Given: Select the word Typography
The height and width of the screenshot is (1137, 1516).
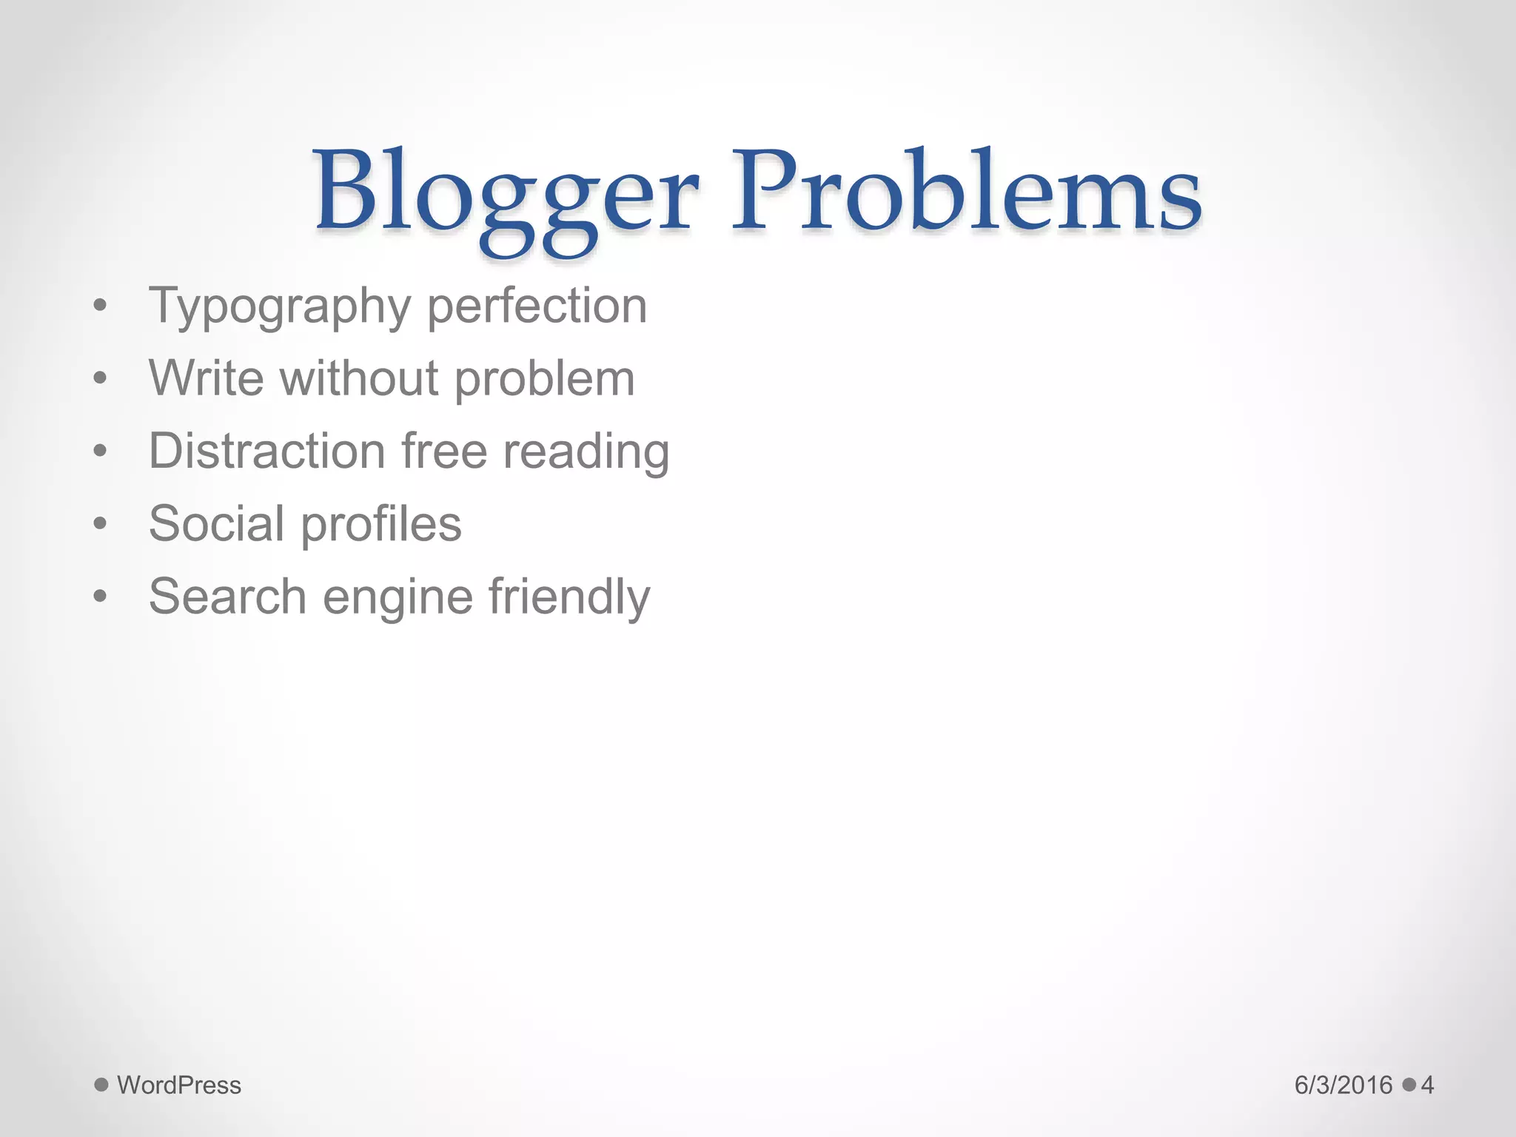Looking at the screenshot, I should [280, 306].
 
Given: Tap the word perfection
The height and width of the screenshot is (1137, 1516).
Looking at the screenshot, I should [537, 306].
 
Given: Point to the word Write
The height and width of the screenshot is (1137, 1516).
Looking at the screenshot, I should [206, 378].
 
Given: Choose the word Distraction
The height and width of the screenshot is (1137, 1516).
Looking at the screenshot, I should [266, 451].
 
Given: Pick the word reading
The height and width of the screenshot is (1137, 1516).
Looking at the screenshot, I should [586, 452].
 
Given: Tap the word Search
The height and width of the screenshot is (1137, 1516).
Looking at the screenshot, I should [227, 596].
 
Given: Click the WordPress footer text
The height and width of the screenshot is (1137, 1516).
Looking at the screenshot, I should [179, 1085].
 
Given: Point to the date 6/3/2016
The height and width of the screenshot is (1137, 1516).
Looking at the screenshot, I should [1344, 1085].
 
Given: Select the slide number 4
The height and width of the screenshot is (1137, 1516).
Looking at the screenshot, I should [1427, 1085].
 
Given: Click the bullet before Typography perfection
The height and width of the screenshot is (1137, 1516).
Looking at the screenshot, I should [101, 306].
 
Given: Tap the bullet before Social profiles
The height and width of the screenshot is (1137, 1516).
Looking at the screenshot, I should [101, 524].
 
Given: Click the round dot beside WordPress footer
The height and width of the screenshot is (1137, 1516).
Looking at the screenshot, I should [101, 1084].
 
